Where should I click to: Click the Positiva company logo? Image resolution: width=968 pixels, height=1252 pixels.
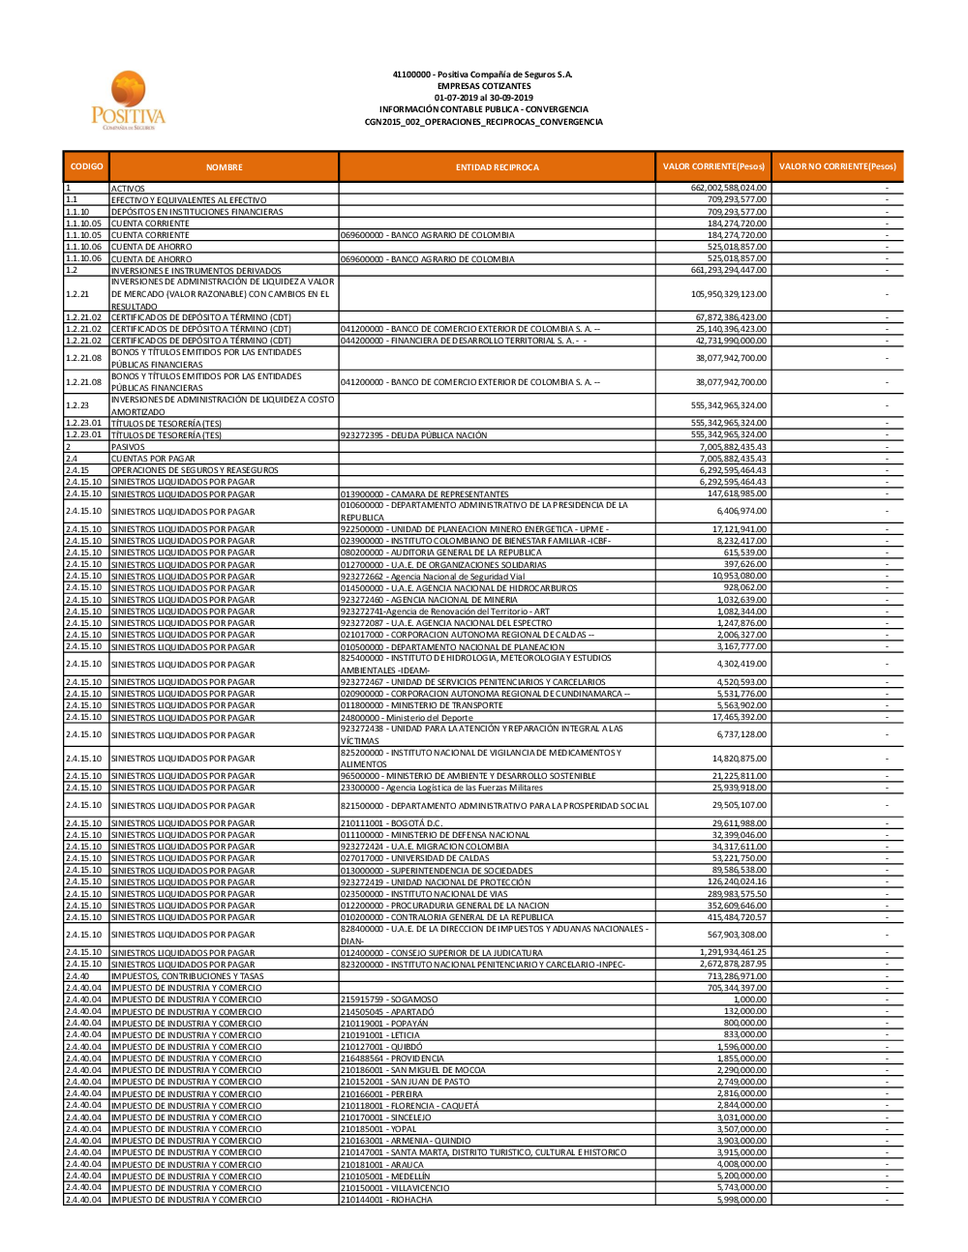click(x=129, y=100)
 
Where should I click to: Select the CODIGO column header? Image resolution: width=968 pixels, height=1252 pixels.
click(x=86, y=166)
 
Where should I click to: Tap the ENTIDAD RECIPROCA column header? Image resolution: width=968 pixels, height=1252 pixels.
click(x=497, y=167)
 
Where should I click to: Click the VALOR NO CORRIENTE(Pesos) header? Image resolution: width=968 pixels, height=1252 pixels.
click(x=837, y=166)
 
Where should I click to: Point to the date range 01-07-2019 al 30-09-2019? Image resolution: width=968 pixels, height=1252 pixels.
click(x=483, y=98)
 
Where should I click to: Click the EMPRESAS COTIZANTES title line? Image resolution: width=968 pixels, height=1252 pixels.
click(x=483, y=86)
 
